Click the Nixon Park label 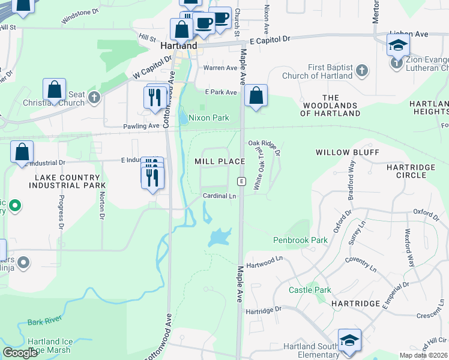[x=209, y=118]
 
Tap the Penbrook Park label [x=300, y=240]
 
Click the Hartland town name [x=179, y=46]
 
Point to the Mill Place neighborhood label [x=220, y=161]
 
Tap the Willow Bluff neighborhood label [x=348, y=152]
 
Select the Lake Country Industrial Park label [x=67, y=181]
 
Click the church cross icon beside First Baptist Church [x=361, y=71]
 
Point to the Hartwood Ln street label [x=264, y=261]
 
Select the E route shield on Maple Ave [x=241, y=181]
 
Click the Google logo [x=20, y=353]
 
